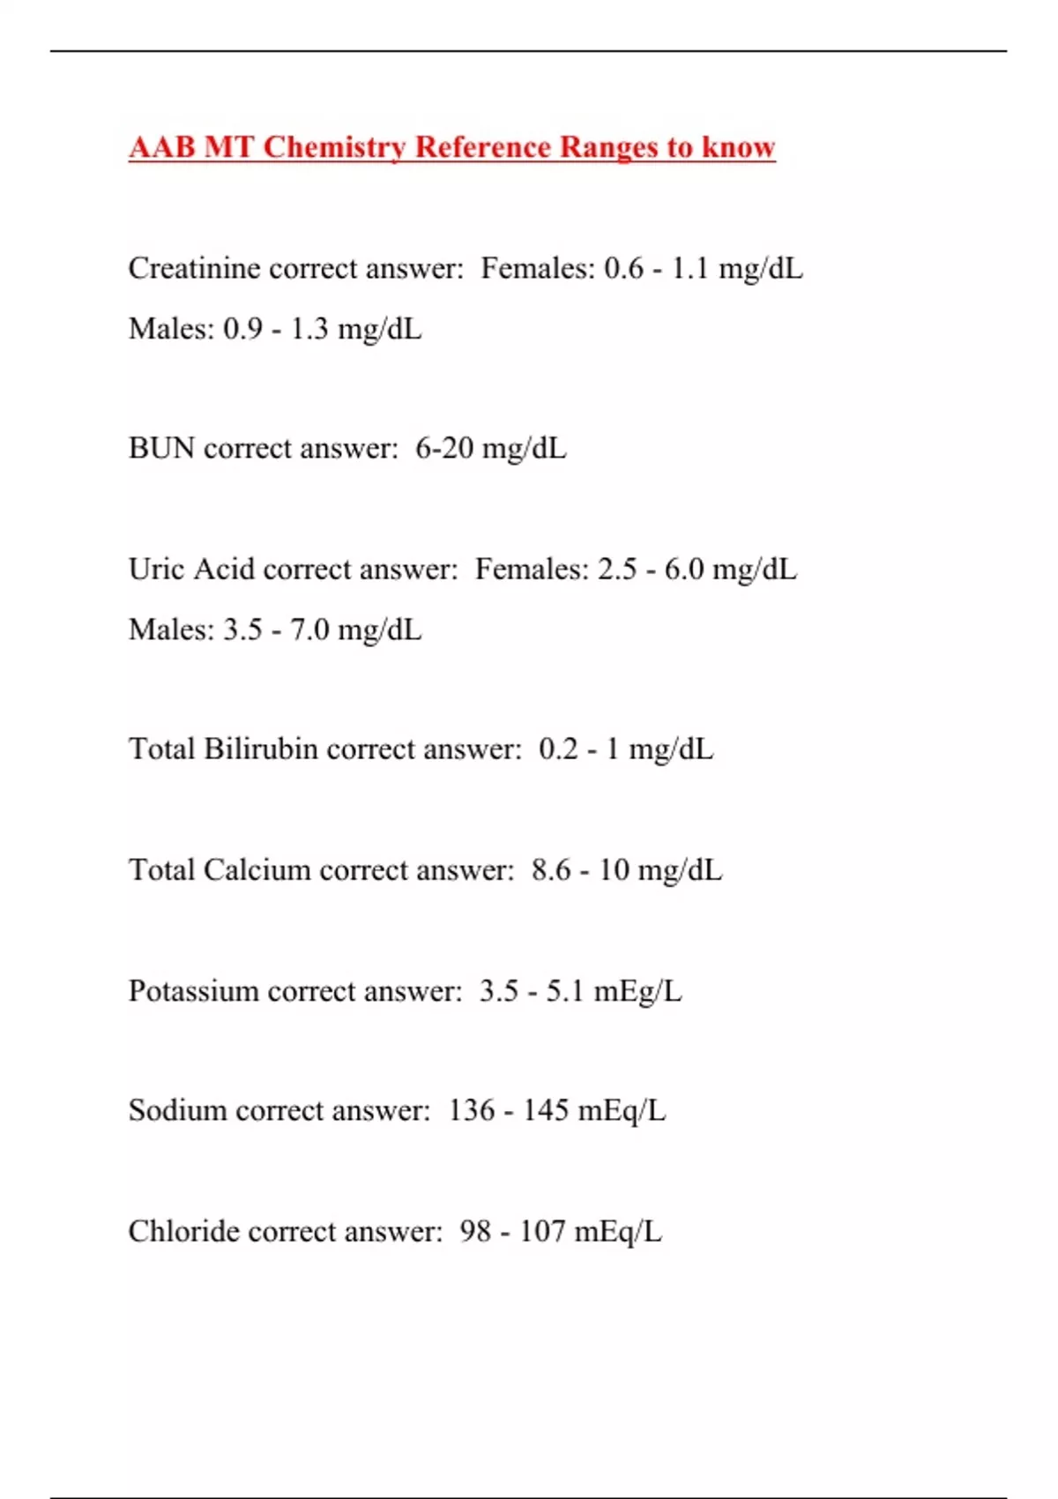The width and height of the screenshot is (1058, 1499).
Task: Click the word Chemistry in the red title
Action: point(334,147)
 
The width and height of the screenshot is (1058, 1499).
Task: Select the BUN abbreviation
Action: point(161,448)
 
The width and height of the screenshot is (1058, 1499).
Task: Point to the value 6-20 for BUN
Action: point(444,448)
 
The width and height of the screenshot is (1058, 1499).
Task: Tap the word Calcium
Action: point(257,869)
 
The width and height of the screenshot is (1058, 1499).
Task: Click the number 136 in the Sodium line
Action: point(472,1110)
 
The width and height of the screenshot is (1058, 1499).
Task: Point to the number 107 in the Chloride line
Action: point(542,1231)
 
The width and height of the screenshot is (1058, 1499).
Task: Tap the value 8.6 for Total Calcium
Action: point(551,869)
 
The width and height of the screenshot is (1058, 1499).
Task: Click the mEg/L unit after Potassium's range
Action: point(637,991)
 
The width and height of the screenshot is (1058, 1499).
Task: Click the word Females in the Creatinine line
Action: point(537,268)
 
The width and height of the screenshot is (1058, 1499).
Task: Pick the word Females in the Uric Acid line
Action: point(531,569)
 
